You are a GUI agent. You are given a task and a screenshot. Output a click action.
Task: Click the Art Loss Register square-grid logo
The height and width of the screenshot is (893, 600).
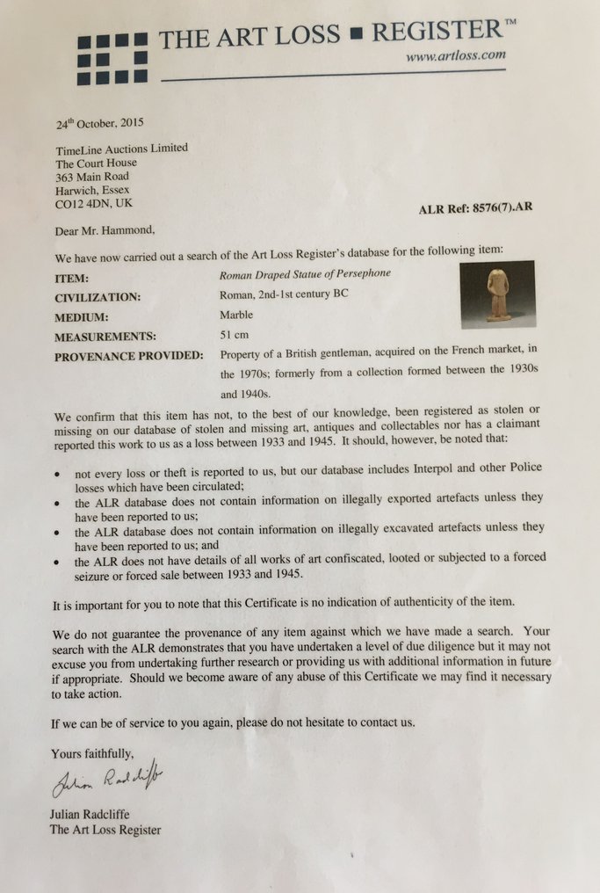[112, 59]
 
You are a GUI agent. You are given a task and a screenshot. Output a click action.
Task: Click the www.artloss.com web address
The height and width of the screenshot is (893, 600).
[455, 56]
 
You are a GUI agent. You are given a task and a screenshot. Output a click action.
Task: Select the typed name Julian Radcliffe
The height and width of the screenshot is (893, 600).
[91, 815]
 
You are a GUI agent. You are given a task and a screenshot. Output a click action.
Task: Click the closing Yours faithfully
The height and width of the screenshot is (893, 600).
[93, 753]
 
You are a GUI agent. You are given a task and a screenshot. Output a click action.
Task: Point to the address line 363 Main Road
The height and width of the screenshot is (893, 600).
[92, 176]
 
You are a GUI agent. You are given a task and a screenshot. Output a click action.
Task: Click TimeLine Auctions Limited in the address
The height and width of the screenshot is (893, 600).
[122, 149]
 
